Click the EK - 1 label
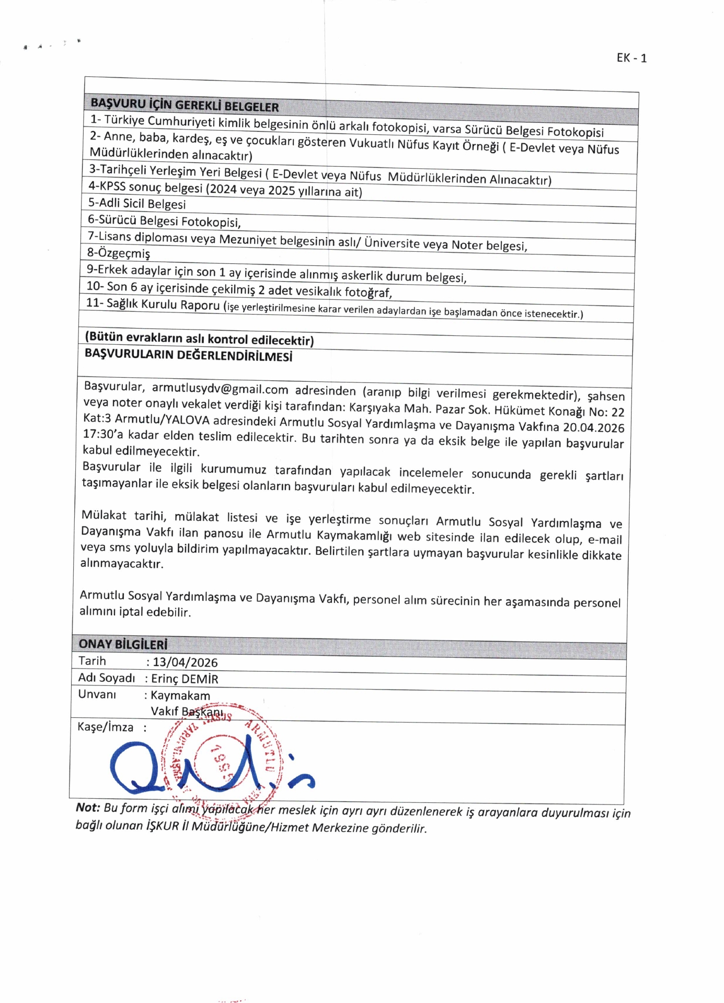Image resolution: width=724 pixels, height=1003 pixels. click(x=631, y=58)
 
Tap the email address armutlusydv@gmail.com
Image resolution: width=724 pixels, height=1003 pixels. click(x=220, y=389)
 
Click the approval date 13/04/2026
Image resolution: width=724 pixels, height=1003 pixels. click(x=185, y=662)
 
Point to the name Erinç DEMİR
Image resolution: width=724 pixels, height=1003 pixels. click(x=185, y=679)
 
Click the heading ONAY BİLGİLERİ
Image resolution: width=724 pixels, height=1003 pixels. click(x=123, y=644)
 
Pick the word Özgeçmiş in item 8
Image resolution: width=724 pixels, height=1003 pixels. click(x=122, y=253)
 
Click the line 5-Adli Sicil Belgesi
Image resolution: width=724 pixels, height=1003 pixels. click(x=137, y=203)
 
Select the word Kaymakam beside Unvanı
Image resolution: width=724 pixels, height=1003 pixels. click(x=180, y=695)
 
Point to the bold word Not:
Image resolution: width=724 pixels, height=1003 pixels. click(x=88, y=808)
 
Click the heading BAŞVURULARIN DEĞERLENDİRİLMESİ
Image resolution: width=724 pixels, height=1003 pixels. click(x=188, y=355)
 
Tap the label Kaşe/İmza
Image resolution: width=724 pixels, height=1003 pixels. click(x=105, y=727)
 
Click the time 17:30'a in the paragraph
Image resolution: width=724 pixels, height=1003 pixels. click(x=103, y=435)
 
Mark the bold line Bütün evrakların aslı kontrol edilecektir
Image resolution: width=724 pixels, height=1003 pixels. click(x=199, y=339)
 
